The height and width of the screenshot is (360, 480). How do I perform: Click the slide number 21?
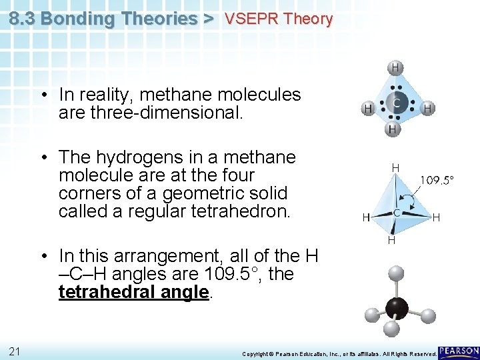[14, 351]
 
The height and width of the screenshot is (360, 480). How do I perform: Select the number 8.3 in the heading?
[23, 19]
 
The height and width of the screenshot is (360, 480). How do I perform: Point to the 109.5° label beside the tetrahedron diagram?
[437, 179]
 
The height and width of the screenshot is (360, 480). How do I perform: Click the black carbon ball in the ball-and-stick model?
[398, 307]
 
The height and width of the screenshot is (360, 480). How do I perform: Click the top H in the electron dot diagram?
[395, 67]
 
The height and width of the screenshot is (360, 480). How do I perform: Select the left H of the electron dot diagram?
[367, 107]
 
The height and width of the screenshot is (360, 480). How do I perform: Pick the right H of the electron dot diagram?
[428, 107]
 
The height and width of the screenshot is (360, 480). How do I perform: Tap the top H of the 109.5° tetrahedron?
[395, 168]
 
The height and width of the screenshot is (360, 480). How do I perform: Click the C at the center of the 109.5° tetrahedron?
[396, 213]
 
